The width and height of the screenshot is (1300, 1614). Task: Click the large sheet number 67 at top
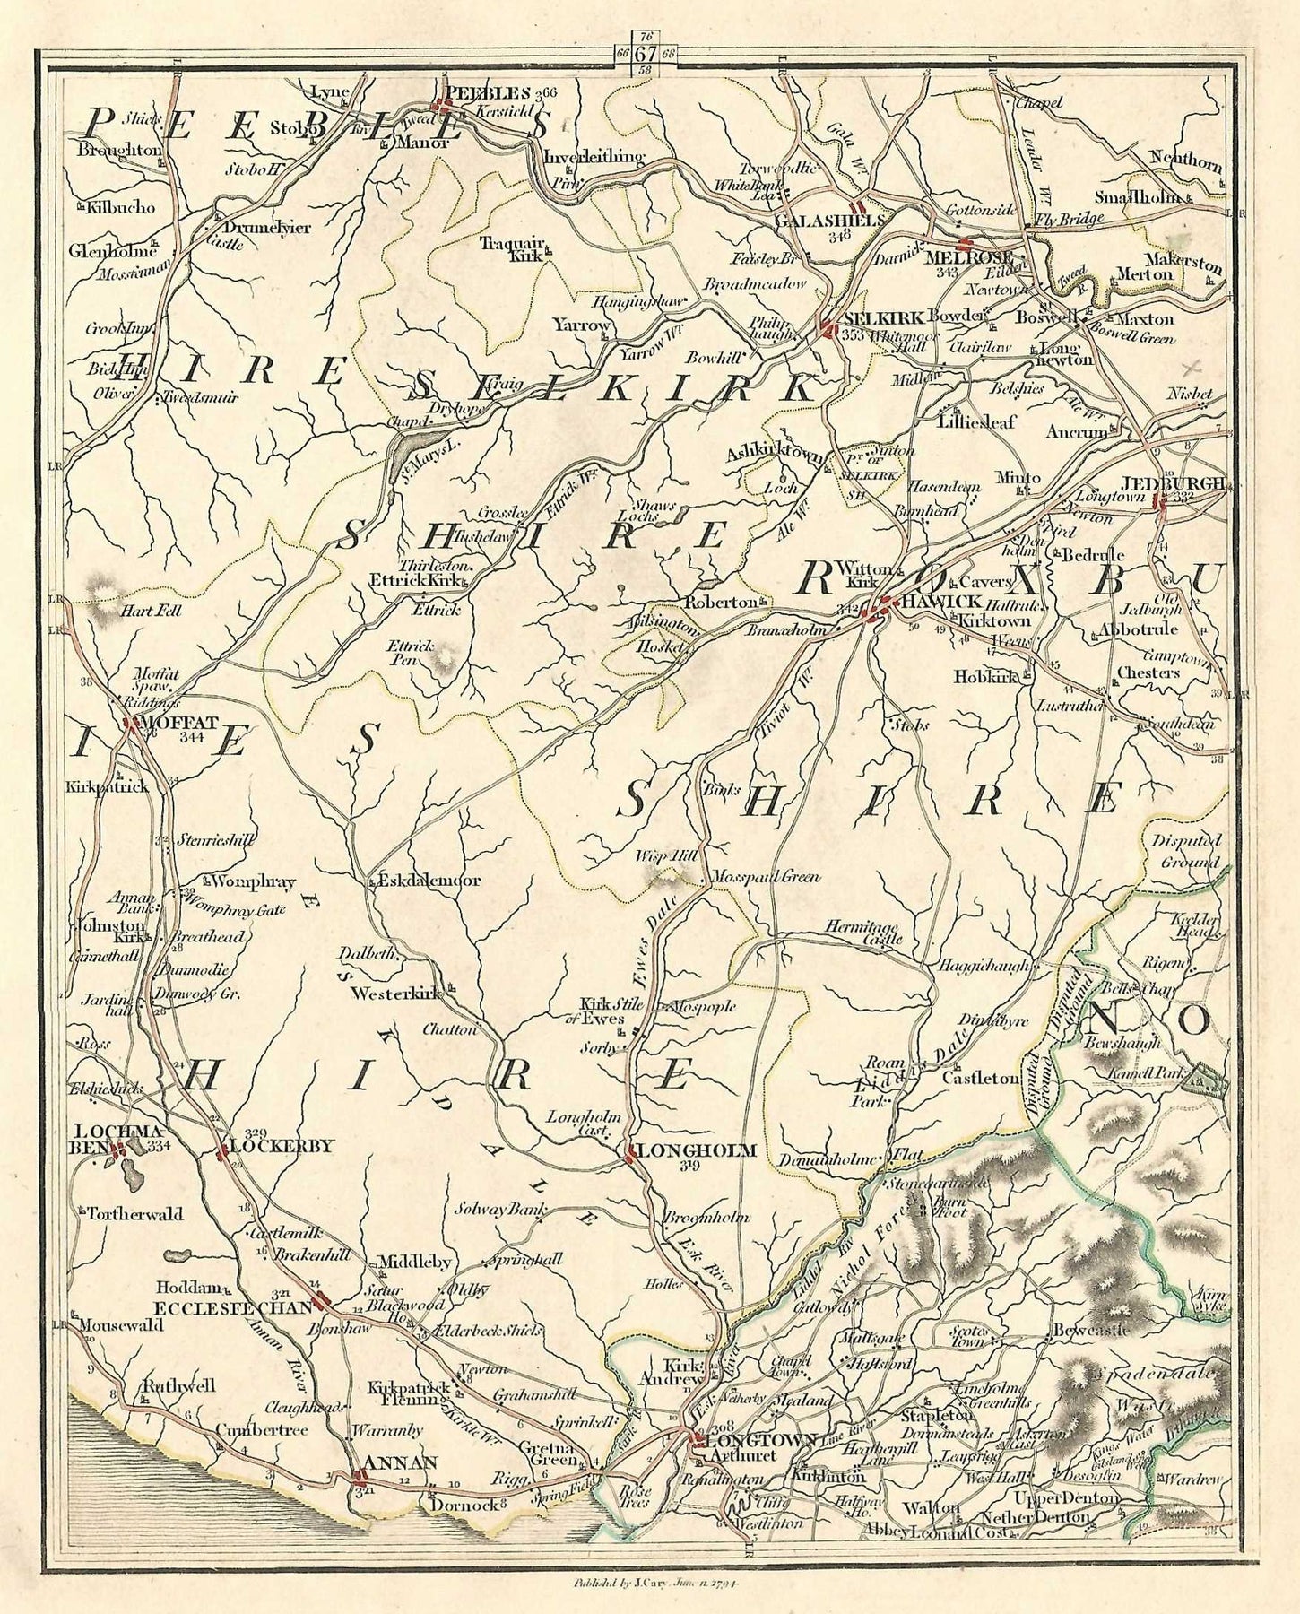(x=644, y=52)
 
